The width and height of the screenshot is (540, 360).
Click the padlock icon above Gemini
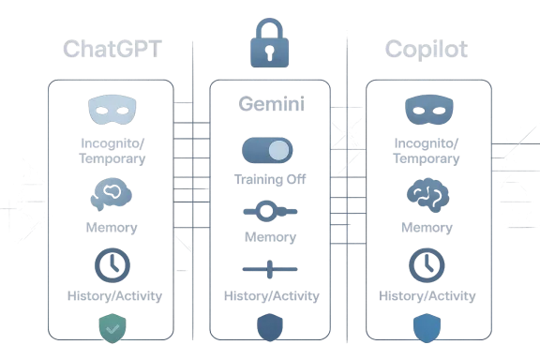tap(269, 40)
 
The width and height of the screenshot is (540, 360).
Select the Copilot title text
tap(427, 49)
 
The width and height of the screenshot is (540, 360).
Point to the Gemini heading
tap(270, 104)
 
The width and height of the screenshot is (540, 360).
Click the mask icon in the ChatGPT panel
tap(113, 111)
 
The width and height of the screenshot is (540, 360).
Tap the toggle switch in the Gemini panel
tap(268, 150)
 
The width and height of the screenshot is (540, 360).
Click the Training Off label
tap(269, 178)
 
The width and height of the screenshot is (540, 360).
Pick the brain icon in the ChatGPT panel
tap(112, 194)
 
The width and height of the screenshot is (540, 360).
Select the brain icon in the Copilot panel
tap(427, 194)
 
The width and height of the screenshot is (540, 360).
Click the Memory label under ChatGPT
tap(113, 228)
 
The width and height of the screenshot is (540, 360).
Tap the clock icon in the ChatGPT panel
tap(112, 265)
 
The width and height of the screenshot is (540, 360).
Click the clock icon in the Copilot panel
tap(427, 265)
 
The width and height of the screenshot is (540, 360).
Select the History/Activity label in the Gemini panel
tap(271, 296)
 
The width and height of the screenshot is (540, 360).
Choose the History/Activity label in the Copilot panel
tap(427, 296)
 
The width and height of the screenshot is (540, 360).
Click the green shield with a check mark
tap(112, 327)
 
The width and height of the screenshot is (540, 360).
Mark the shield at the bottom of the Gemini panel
tap(270, 327)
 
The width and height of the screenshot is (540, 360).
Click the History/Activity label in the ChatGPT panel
tap(115, 296)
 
